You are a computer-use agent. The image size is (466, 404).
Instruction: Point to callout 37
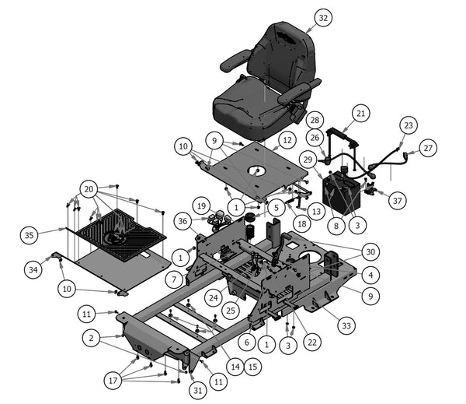pyautogui.click(x=398, y=201)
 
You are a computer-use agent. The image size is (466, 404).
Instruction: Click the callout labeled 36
pyautogui.click(x=183, y=221)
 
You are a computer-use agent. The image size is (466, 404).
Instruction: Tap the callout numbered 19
pyautogui.click(x=201, y=207)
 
